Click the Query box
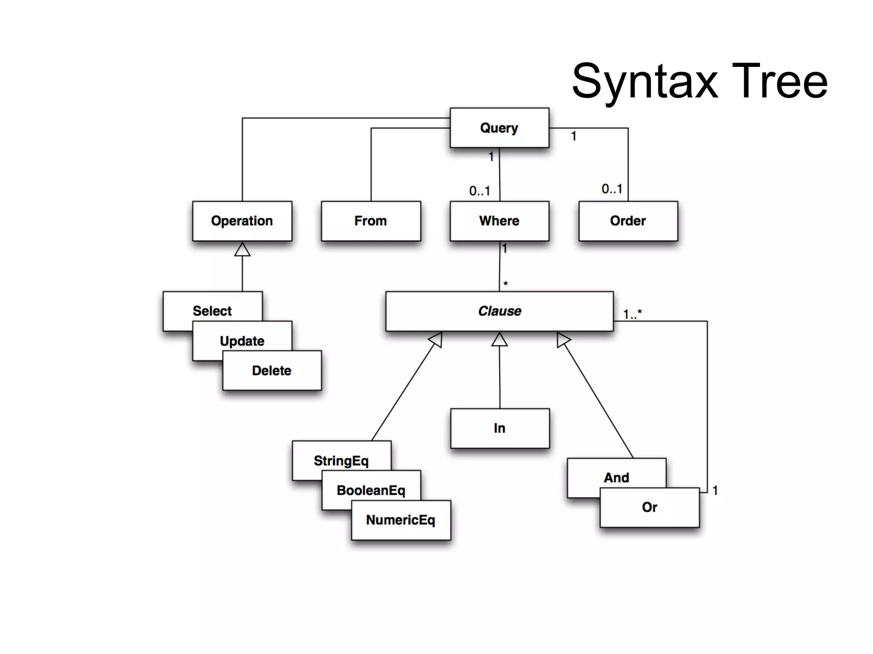tap(499, 128)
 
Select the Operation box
tap(242, 221)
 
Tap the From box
tap(370, 221)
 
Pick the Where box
tap(499, 221)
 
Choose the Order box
tap(628, 221)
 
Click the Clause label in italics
tap(500, 311)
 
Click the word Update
tap(242, 341)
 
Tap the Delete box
tap(272, 370)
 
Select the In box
tap(500, 428)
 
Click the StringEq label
tap(341, 461)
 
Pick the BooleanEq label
tap(371, 490)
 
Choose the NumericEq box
tap(401, 520)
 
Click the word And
tap(616, 478)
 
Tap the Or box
tap(649, 507)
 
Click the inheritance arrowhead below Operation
tap(242, 250)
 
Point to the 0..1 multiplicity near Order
tap(612, 189)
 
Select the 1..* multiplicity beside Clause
tap(632, 314)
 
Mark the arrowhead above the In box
tap(499, 340)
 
